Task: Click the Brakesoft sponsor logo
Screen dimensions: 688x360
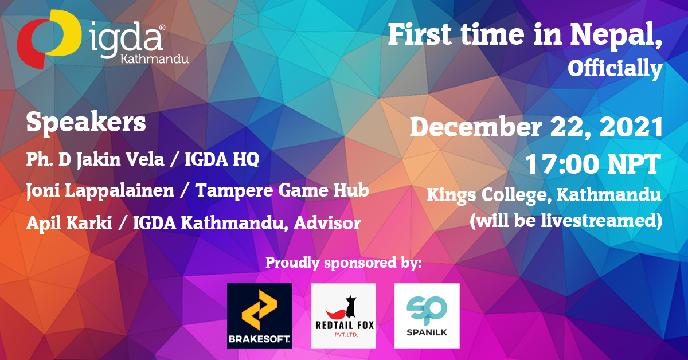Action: point(260,316)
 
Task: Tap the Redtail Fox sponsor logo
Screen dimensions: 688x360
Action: point(343,316)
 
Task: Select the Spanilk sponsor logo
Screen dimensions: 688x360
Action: point(427,316)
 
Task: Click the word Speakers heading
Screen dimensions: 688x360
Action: point(86,123)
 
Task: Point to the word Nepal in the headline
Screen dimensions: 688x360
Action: point(616,35)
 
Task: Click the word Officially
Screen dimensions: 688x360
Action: point(615,69)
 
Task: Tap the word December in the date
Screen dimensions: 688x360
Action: point(476,127)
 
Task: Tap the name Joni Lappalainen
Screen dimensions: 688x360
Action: point(100,191)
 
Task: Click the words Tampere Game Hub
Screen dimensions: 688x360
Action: point(282,190)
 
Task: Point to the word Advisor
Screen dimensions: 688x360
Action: point(327,223)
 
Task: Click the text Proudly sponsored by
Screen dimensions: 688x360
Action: point(343,263)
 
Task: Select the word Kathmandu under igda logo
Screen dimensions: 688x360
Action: point(155,58)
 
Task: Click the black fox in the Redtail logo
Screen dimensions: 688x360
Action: point(351,307)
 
